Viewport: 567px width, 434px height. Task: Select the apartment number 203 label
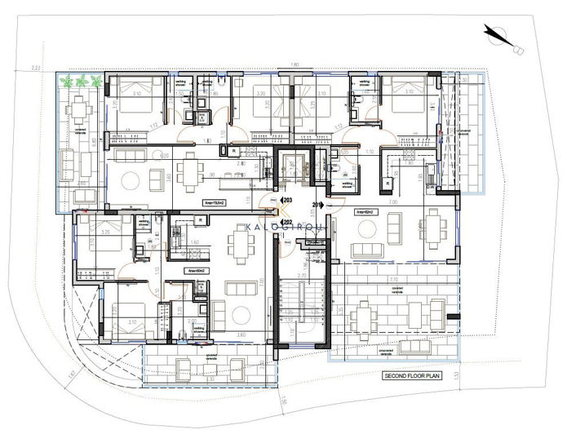click(x=286, y=199)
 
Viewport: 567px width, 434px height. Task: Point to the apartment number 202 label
click(x=286, y=221)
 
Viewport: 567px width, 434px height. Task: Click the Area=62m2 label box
click(x=365, y=212)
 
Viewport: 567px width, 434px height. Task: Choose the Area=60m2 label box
click(x=196, y=270)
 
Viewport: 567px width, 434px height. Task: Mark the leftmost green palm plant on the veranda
click(x=67, y=81)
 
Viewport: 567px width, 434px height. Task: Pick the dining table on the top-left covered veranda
click(x=80, y=108)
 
